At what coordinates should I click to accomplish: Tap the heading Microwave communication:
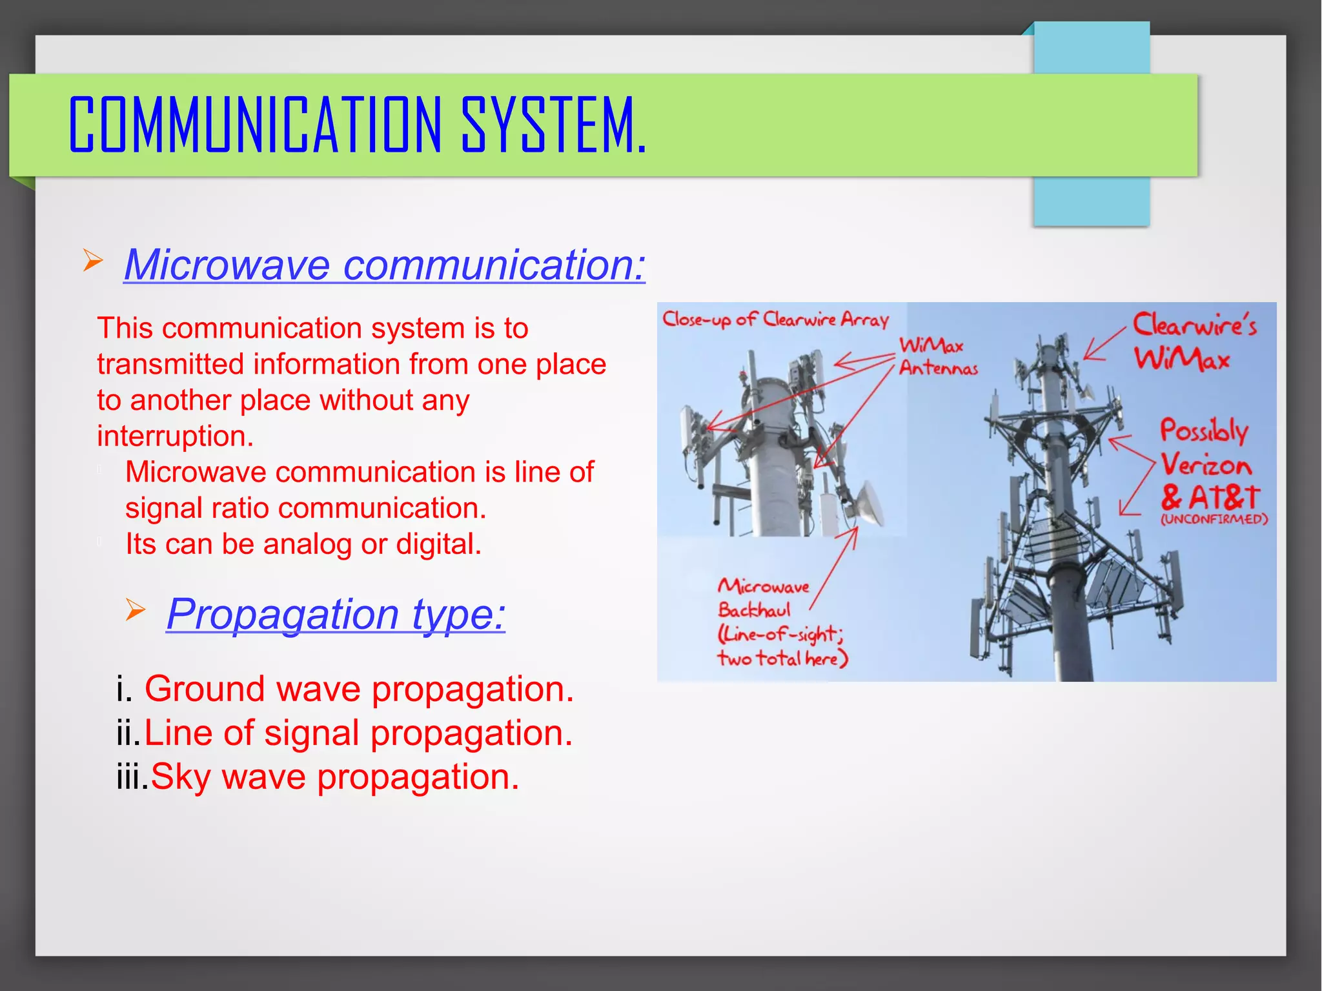[x=384, y=265]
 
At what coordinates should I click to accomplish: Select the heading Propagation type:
[x=336, y=613]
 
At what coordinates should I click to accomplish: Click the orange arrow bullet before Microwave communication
[x=93, y=261]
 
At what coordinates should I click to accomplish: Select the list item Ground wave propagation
[x=358, y=689]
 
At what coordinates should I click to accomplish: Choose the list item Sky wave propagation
[x=334, y=777]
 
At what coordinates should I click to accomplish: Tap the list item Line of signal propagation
[x=358, y=733]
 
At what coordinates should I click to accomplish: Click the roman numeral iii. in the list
[x=132, y=777]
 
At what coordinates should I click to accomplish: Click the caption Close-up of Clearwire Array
[x=775, y=320]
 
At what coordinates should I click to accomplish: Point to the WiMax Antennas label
[x=937, y=356]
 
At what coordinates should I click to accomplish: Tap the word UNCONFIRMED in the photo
[x=1214, y=520]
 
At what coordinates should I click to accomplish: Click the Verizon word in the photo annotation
[x=1206, y=465]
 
